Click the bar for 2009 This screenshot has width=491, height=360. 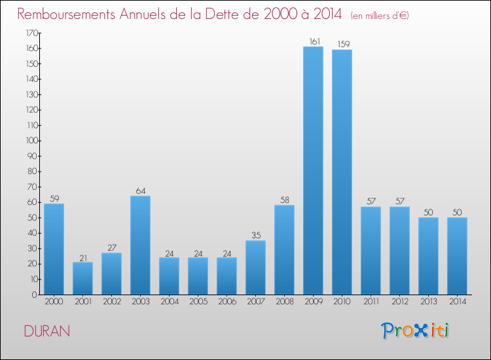point(313,170)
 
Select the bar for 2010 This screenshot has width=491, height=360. point(342,171)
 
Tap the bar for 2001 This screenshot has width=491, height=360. point(82,278)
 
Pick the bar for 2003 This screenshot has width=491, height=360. point(140,245)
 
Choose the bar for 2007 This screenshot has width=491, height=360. point(255,267)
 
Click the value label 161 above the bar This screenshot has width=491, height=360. point(313,42)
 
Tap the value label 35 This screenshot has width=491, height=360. point(255,236)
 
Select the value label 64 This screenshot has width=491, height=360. point(140,191)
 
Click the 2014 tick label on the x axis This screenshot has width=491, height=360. point(457,302)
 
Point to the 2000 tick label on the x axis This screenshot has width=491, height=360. point(54,302)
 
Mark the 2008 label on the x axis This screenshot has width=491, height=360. point(284,302)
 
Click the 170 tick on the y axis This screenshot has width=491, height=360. point(30,33)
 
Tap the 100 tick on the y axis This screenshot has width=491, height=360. point(30,141)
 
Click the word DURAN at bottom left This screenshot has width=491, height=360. point(46,331)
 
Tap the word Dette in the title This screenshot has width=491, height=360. point(216,14)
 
